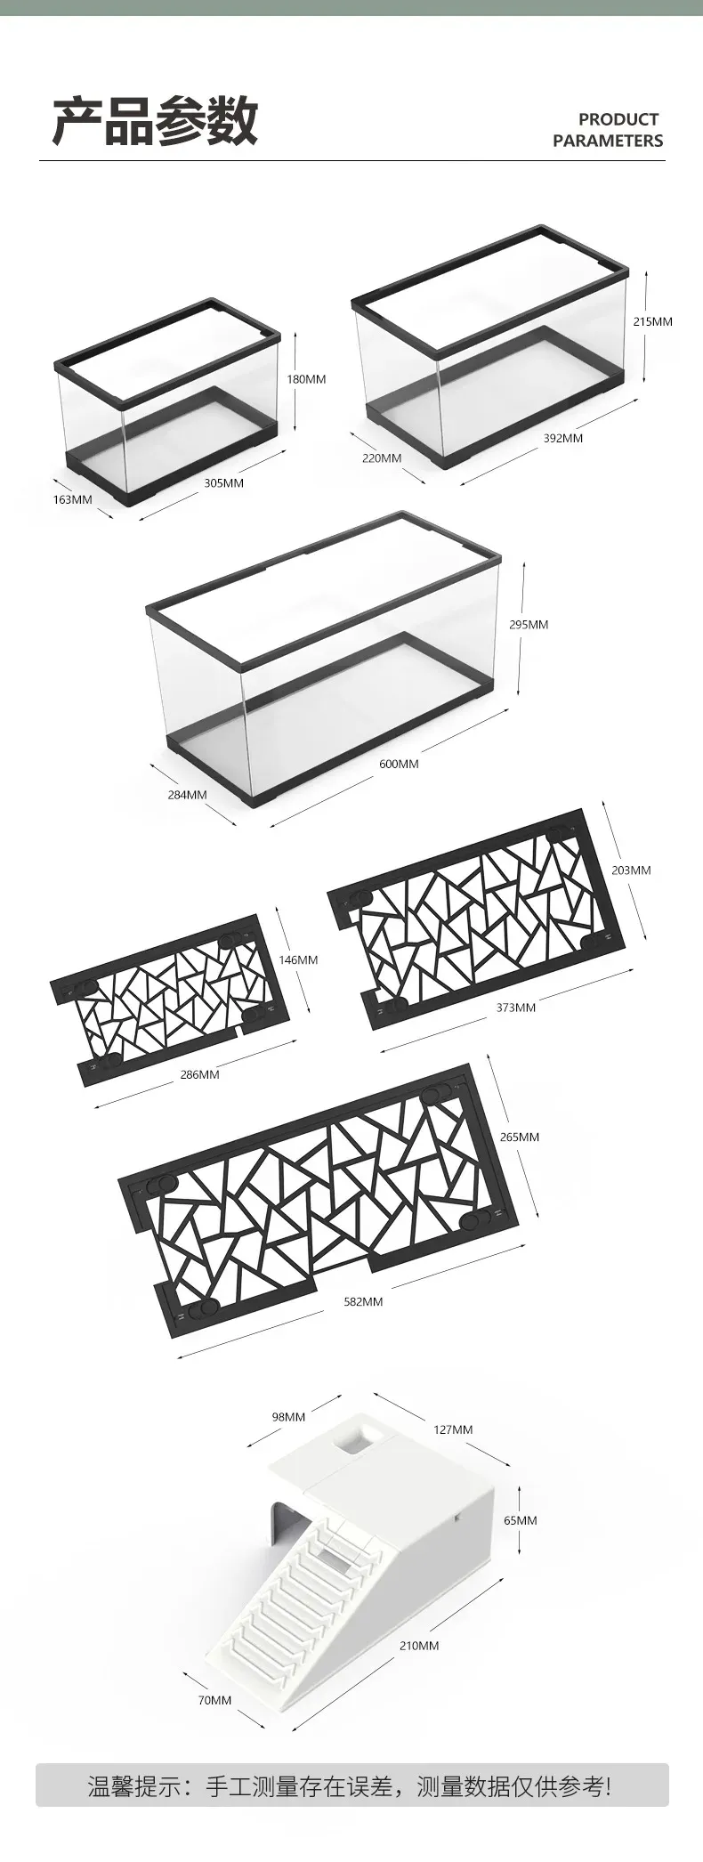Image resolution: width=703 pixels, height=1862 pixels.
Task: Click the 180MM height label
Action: (x=305, y=379)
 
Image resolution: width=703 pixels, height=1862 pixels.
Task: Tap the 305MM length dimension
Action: (x=223, y=483)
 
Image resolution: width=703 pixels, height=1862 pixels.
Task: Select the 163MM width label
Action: (x=72, y=499)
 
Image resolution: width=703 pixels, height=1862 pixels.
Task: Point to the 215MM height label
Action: (x=652, y=321)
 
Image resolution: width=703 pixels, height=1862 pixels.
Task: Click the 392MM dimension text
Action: (x=563, y=438)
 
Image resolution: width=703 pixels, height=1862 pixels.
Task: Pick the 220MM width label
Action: (x=382, y=458)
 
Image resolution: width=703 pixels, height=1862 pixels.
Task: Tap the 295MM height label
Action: (x=529, y=625)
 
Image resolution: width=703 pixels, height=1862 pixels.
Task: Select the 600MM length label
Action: (x=398, y=764)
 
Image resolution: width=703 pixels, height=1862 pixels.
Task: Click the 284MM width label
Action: (x=187, y=795)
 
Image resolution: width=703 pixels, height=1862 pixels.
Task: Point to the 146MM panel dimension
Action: (x=298, y=960)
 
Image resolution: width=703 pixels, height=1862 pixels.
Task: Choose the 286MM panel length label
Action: (x=199, y=1075)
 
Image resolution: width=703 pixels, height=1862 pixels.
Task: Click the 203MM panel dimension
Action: (x=631, y=870)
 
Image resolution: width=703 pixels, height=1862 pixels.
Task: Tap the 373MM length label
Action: (x=516, y=1008)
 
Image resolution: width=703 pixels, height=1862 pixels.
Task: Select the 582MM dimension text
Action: (x=363, y=1301)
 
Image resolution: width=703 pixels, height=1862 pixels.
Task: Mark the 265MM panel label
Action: (x=519, y=1137)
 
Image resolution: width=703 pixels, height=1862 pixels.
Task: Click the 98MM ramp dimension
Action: (x=288, y=1417)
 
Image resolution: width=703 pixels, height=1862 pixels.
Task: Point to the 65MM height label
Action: (x=521, y=1520)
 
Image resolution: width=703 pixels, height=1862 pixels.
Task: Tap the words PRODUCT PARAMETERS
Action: (x=608, y=130)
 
